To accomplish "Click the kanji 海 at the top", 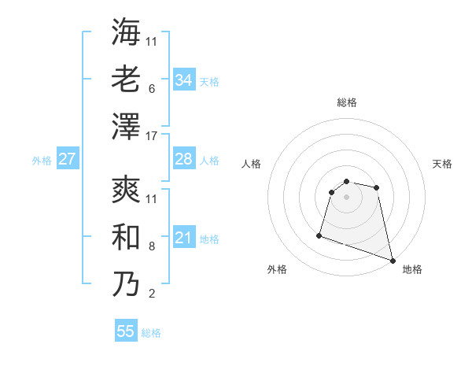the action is pos(126,32).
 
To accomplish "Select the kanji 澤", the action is pos(126,126).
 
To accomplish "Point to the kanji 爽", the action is pos(126,191).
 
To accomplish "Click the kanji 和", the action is pos(126,237).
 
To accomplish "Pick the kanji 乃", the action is pos(126,284).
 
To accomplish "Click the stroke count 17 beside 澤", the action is pos(152,136).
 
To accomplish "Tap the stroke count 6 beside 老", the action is pos(151,90).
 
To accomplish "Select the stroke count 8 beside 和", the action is pos(151,247).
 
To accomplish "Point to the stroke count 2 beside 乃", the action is pos(151,294).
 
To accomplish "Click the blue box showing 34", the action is pos(184,80).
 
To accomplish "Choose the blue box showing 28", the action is pos(184,159).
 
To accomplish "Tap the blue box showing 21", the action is pos(184,238).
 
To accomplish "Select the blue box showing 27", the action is pos(67,159).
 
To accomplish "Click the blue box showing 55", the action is pos(126,331).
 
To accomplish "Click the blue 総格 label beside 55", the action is pos(151,332).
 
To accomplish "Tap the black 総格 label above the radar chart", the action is pos(346,102).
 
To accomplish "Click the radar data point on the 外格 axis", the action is pos(319,235).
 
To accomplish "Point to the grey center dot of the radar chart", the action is pos(346,197).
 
